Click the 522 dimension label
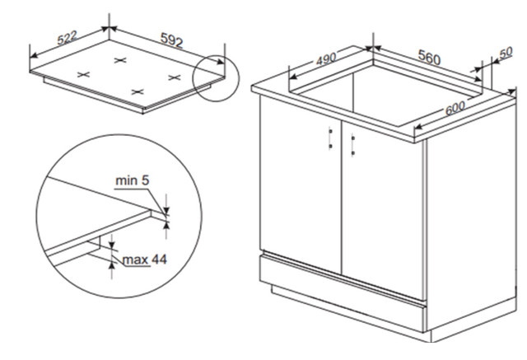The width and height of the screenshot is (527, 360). [x=68, y=38]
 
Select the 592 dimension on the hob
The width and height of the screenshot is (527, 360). [x=172, y=40]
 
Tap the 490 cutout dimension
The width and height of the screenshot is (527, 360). [x=326, y=58]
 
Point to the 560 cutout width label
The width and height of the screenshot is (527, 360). [x=429, y=57]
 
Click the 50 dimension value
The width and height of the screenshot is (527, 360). [x=506, y=52]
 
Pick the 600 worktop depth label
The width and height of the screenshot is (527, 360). [x=455, y=108]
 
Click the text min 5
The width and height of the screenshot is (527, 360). [x=132, y=180]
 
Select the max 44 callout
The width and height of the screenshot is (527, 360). [x=145, y=259]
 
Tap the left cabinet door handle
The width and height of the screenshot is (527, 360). [x=330, y=138]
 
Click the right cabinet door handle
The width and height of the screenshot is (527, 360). [x=353, y=145]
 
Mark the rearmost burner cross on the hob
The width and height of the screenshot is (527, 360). [x=120, y=60]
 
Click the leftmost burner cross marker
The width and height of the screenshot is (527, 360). [x=84, y=74]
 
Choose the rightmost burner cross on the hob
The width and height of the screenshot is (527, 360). [x=175, y=77]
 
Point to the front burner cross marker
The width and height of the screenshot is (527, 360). [x=138, y=91]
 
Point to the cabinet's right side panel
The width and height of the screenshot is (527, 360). [x=471, y=215]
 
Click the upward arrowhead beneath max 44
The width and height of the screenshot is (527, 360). [x=112, y=264]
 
